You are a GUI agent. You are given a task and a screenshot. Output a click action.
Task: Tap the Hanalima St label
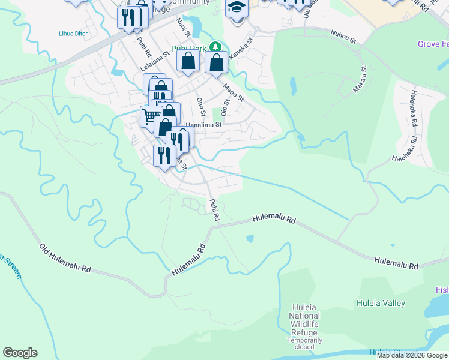(203, 125)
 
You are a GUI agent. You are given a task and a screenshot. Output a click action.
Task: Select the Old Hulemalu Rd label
(65, 259)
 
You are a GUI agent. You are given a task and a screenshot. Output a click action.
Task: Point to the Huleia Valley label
(381, 304)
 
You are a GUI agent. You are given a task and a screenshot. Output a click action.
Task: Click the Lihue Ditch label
(74, 34)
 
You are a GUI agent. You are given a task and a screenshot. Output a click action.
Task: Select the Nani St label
(182, 26)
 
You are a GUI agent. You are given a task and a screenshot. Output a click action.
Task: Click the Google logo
(20, 353)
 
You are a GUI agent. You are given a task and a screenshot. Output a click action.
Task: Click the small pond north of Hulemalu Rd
(249, 239)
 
